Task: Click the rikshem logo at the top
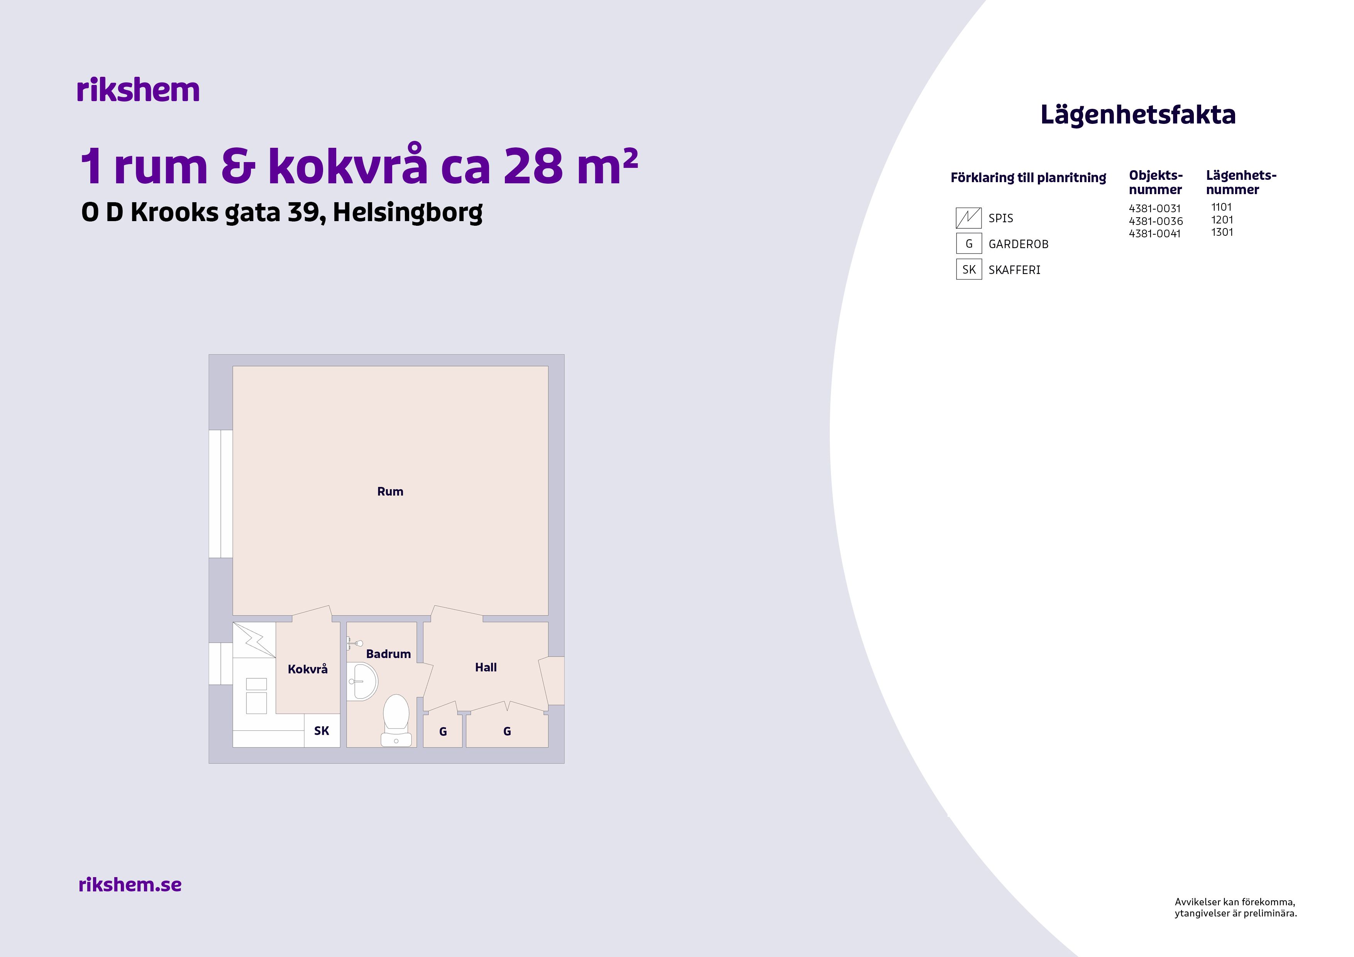(138, 90)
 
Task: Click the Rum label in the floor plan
(390, 491)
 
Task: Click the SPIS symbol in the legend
(968, 218)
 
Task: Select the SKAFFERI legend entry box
(968, 269)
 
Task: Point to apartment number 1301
(1222, 232)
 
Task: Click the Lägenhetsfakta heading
(1137, 114)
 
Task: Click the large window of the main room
(220, 494)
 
